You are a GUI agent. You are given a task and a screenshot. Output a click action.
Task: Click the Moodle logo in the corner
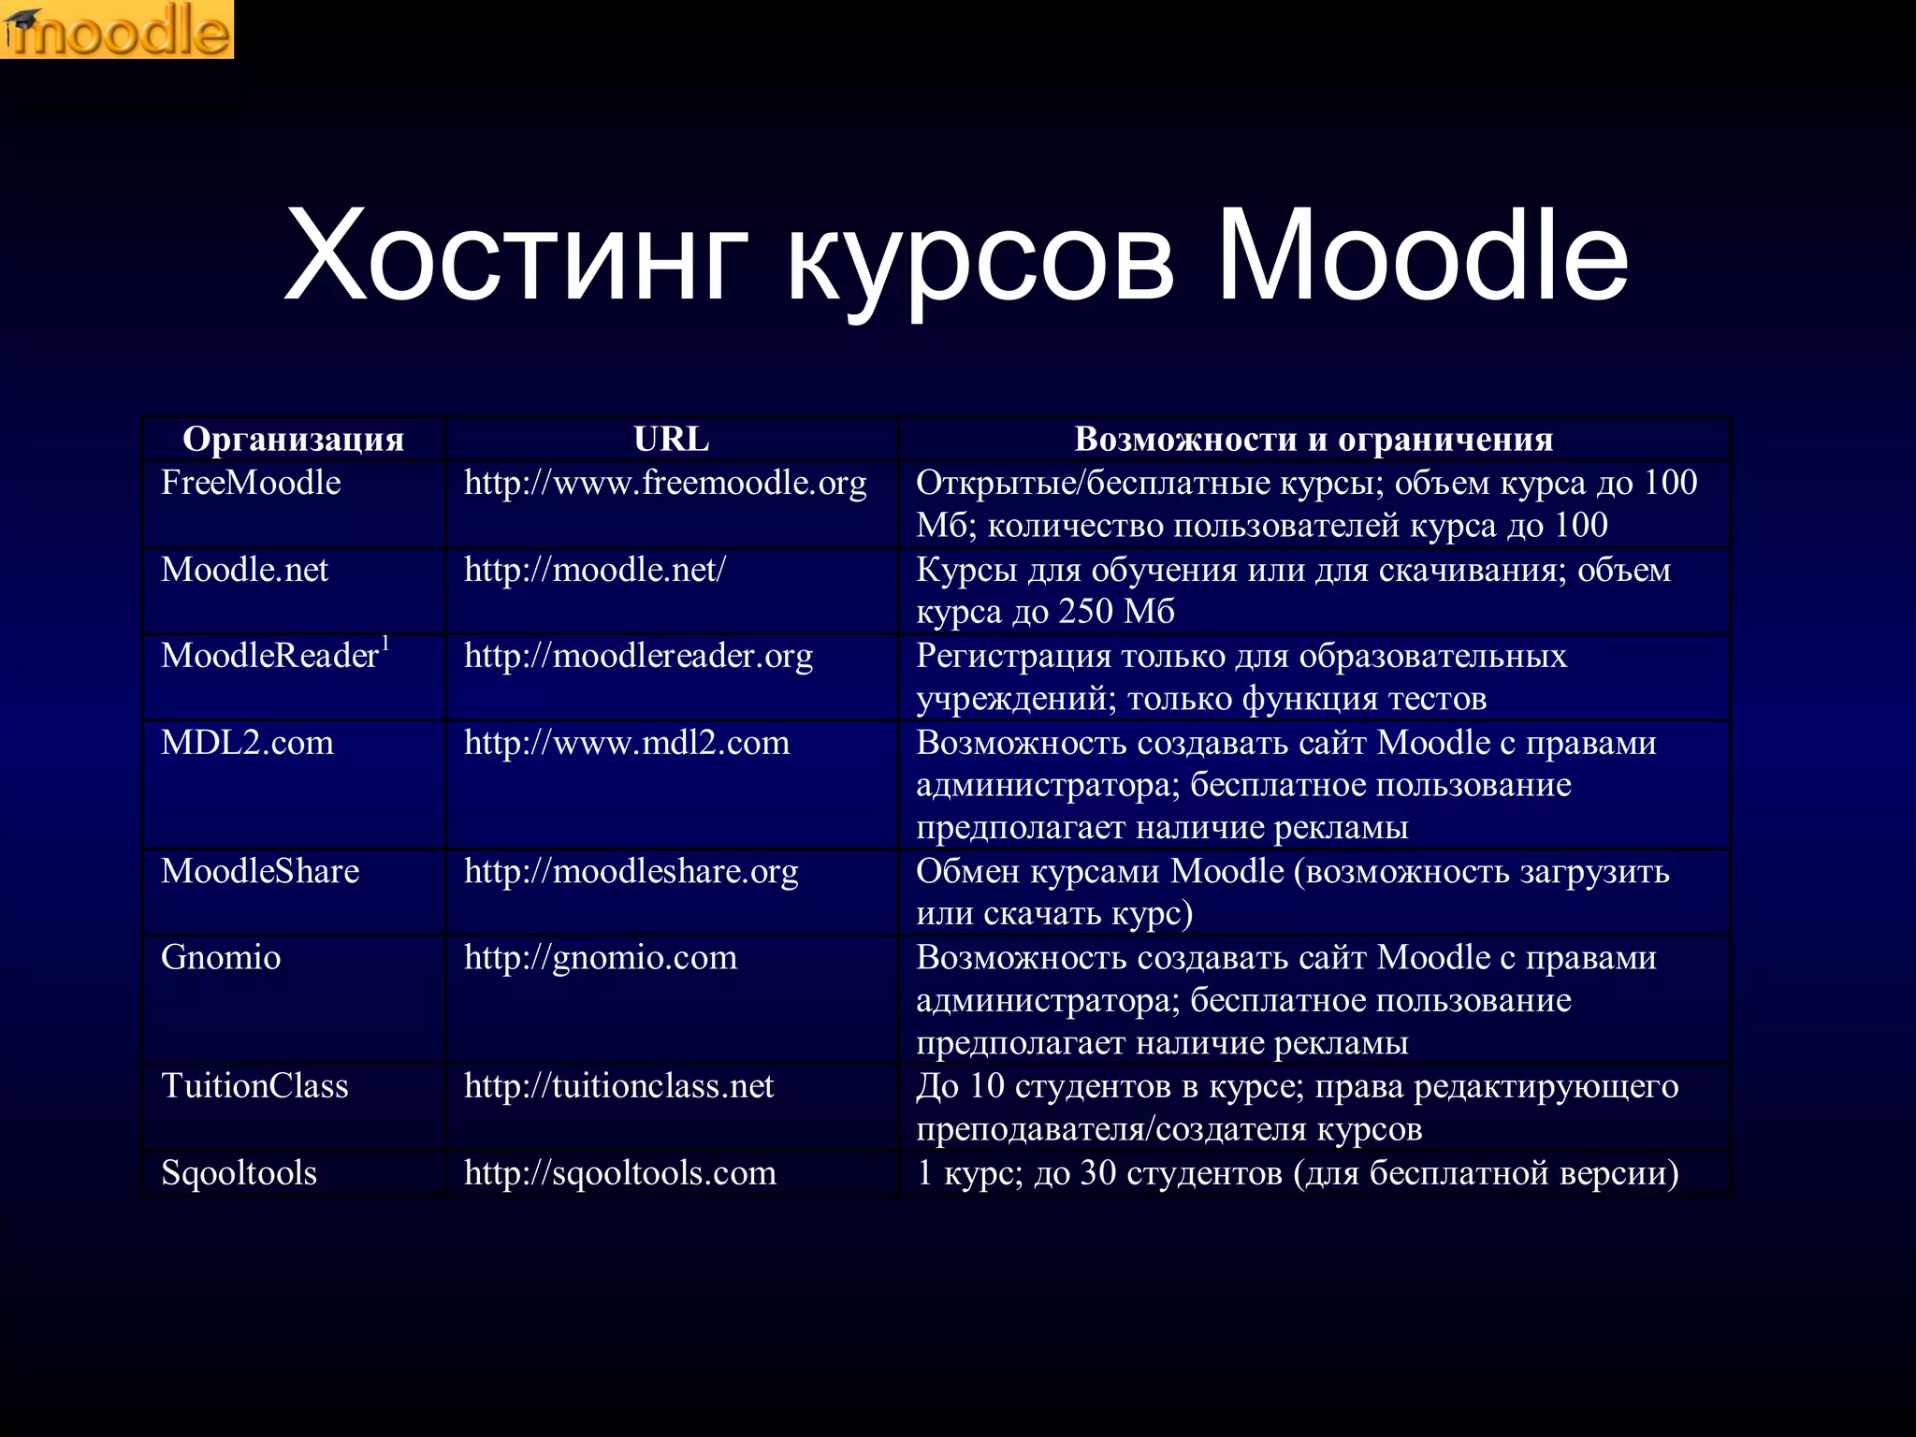[x=117, y=30]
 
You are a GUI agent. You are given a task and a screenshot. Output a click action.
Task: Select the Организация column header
[x=293, y=439]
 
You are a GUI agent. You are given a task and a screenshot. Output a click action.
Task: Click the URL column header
[x=671, y=439]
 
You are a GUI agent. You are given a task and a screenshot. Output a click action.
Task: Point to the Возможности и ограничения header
[x=1314, y=439]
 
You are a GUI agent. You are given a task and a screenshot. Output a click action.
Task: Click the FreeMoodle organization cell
[x=251, y=483]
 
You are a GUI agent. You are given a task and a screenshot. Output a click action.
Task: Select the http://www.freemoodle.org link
[x=665, y=483]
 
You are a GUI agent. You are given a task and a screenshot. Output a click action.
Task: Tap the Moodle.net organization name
[x=244, y=570]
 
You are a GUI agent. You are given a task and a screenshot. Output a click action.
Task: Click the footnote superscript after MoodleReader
[x=385, y=643]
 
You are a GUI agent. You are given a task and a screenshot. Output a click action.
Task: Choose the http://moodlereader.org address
[x=638, y=656]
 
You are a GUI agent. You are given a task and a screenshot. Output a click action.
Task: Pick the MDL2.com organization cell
[x=247, y=743]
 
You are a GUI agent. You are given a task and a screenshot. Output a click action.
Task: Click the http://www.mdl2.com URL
[x=627, y=743]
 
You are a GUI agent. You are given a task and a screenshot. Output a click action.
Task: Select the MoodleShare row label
[x=260, y=871]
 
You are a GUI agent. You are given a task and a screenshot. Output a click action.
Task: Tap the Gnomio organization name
[x=221, y=957]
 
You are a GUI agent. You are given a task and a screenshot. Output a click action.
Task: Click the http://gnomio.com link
[x=601, y=957]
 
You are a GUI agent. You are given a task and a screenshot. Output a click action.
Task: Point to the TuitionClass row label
[x=254, y=1086]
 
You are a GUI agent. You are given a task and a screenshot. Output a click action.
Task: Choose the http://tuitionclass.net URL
[x=618, y=1086]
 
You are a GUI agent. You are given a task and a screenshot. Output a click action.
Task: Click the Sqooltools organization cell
[x=239, y=1172]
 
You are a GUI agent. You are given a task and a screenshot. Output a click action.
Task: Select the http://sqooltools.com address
[x=620, y=1172]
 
